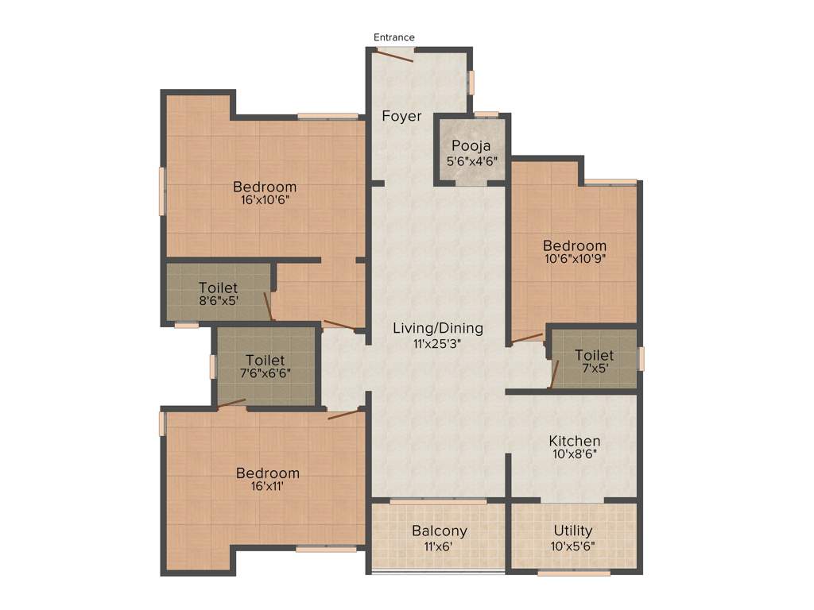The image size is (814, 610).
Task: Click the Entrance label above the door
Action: click(x=394, y=37)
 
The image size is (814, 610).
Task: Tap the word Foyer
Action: click(x=401, y=116)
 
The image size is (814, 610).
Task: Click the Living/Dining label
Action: click(x=438, y=328)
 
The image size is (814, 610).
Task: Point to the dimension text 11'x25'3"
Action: click(x=438, y=344)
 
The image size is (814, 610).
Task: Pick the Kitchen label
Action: click(x=575, y=441)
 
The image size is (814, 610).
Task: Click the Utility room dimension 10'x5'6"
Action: click(x=573, y=546)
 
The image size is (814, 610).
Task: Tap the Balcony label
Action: click(x=439, y=531)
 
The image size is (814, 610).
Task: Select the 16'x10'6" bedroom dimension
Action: click(x=265, y=200)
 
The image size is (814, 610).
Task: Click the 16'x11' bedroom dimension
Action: click(x=268, y=487)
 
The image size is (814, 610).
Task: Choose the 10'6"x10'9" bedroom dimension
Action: click(x=574, y=258)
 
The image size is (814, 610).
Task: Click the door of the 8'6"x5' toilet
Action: click(x=269, y=307)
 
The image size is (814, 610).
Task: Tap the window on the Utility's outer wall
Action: click(x=573, y=572)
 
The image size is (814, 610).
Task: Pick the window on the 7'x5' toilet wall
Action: click(x=641, y=358)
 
